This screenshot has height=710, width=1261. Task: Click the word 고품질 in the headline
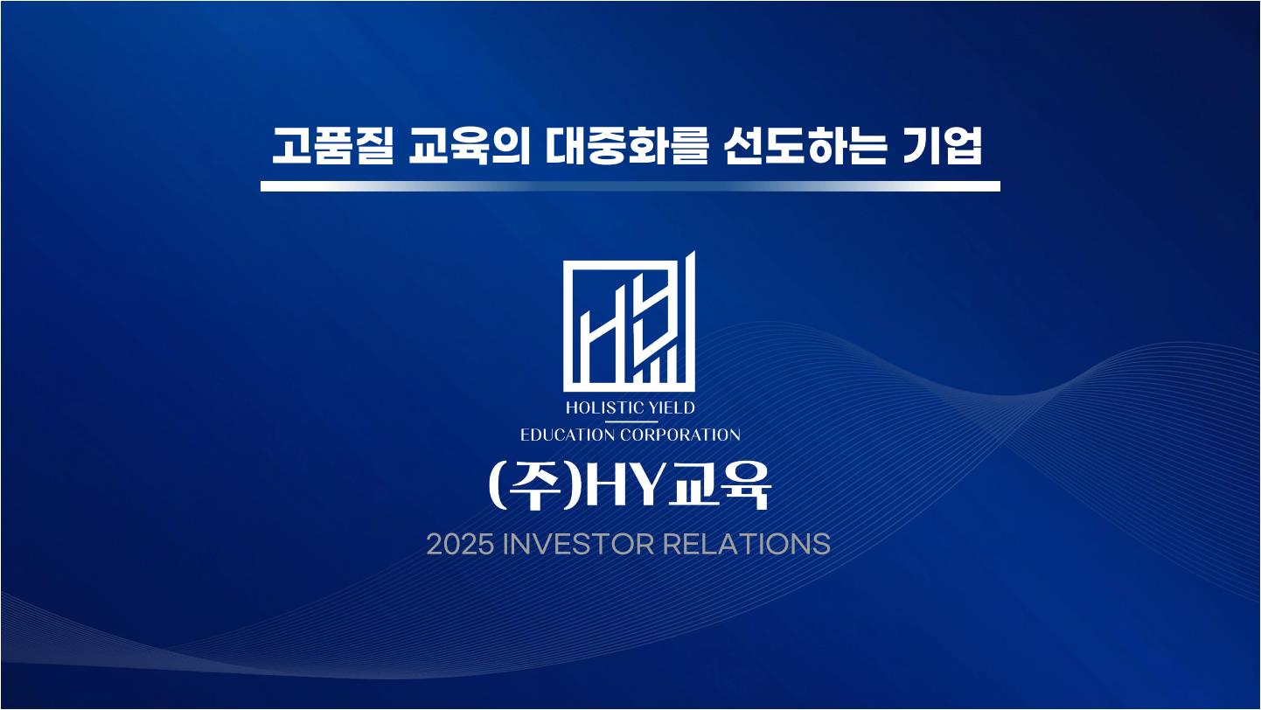(x=332, y=146)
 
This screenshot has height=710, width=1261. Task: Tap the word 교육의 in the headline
(x=469, y=146)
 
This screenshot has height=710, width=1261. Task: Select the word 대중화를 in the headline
(x=626, y=146)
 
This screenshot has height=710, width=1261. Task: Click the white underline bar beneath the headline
(x=630, y=186)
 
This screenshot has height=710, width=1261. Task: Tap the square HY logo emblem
(x=630, y=322)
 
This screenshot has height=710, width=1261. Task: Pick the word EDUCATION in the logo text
(x=568, y=435)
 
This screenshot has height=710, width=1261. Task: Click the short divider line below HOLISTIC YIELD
(x=630, y=421)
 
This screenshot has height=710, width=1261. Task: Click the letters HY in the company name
(x=624, y=486)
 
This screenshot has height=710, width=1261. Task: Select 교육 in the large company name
(x=718, y=486)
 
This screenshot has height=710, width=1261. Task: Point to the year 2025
(x=461, y=545)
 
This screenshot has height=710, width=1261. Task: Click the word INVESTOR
(x=578, y=545)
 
